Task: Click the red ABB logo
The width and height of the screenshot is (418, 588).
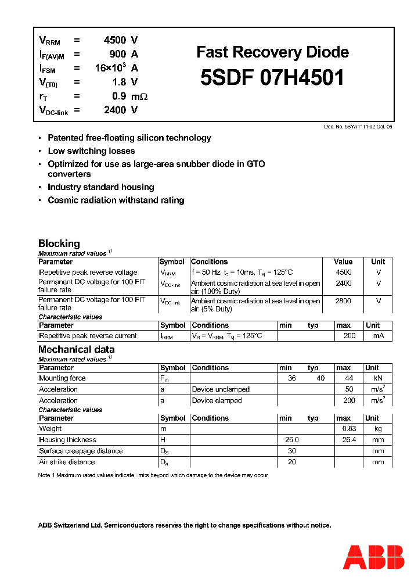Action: click(374, 557)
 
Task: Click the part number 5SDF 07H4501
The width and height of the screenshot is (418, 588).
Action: click(272, 77)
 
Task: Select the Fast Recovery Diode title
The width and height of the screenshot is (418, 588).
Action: click(272, 52)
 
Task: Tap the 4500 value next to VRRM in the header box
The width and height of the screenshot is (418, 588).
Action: click(114, 40)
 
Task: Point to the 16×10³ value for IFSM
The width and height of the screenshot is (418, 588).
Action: click(110, 67)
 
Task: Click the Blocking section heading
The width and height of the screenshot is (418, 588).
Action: click(59, 243)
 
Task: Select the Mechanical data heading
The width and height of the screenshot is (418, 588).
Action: click(76, 349)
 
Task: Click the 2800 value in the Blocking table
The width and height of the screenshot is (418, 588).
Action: click(344, 301)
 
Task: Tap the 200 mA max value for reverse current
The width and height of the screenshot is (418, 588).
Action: click(349, 336)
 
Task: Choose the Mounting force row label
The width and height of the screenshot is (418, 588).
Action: click(62, 378)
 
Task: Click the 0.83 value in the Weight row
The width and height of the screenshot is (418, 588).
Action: click(349, 429)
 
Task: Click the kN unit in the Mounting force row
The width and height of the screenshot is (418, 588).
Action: click(378, 378)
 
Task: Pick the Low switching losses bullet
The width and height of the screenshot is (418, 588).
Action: click(91, 151)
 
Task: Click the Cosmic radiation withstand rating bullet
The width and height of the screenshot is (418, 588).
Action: click(116, 200)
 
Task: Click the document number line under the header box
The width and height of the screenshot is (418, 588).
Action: click(358, 126)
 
